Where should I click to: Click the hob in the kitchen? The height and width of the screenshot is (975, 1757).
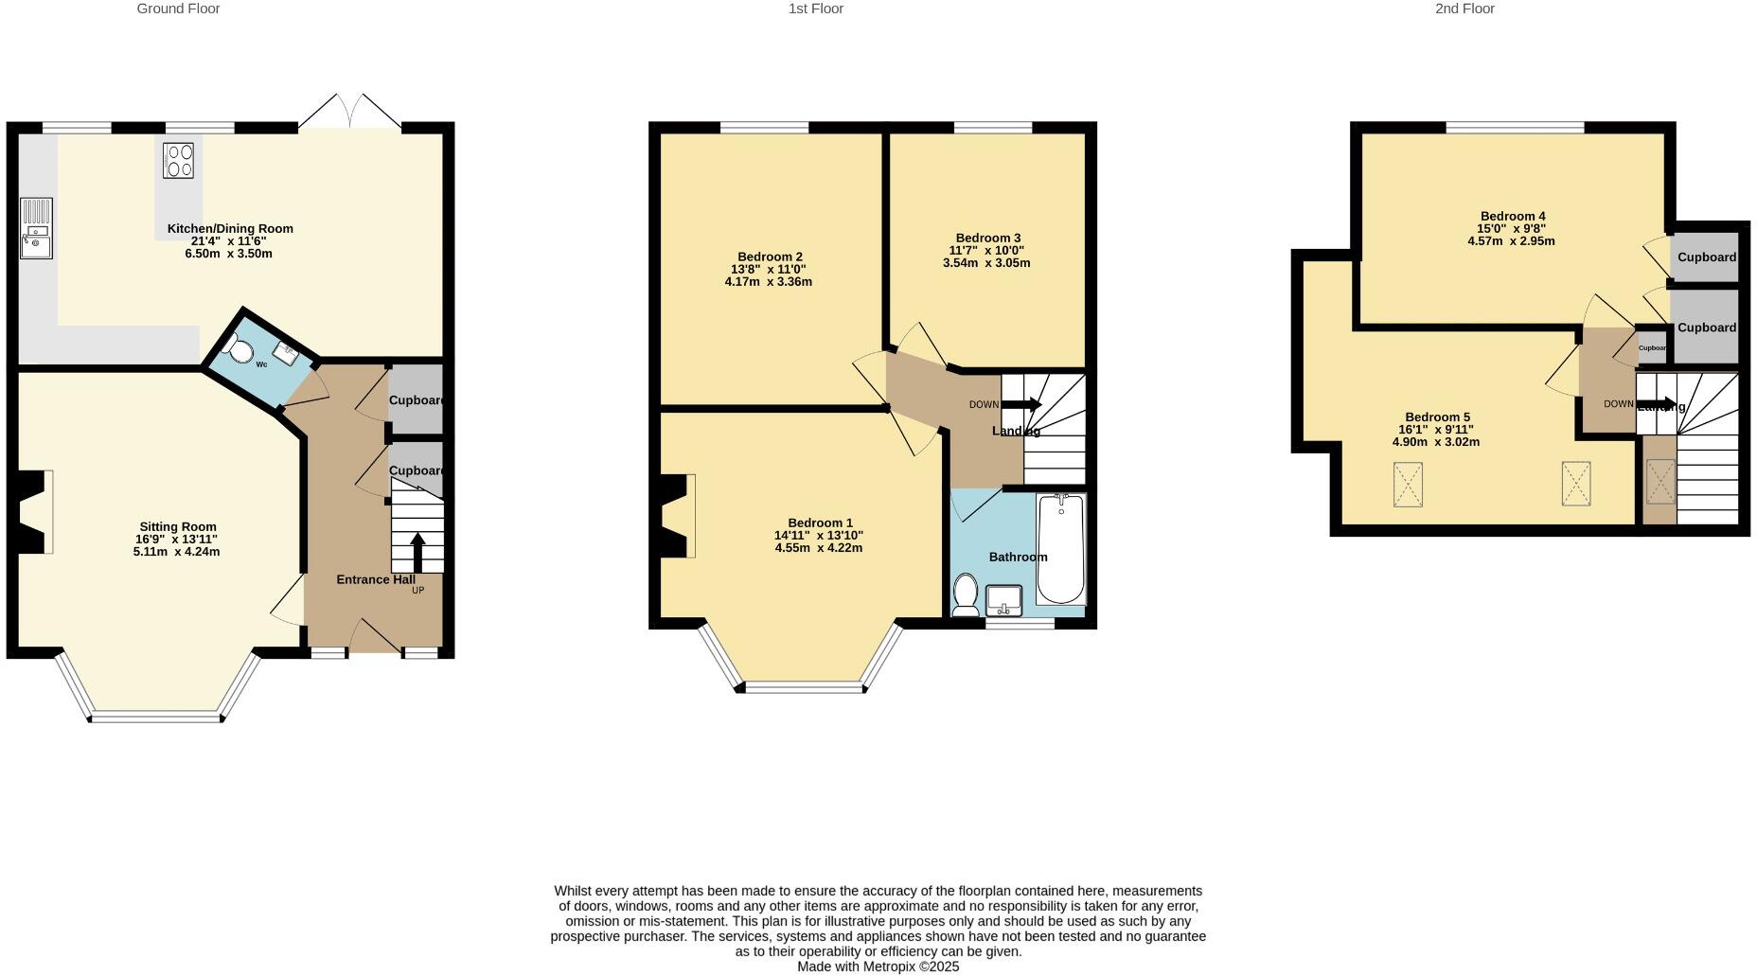(x=178, y=160)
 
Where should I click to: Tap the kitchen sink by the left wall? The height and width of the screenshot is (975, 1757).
(x=37, y=228)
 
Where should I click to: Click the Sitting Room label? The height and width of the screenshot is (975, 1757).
(x=178, y=527)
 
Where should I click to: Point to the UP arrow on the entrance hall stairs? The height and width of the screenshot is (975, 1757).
(x=417, y=552)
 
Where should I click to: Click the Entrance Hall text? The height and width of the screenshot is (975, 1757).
(x=375, y=579)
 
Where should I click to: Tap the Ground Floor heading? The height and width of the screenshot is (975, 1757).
(x=178, y=9)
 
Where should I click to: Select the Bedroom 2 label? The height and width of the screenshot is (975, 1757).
(x=770, y=257)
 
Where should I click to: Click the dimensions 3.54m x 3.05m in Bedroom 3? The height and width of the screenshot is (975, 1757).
(x=985, y=262)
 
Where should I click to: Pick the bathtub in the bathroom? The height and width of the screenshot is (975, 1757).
(x=1060, y=549)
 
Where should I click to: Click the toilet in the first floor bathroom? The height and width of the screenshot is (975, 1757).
(x=966, y=594)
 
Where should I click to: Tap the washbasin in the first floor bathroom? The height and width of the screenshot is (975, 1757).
(x=1003, y=600)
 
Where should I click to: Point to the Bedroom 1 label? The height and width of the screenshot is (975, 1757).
(x=820, y=523)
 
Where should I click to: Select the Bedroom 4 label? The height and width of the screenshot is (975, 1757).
(x=1512, y=216)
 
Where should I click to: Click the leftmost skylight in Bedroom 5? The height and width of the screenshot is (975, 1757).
(x=1408, y=484)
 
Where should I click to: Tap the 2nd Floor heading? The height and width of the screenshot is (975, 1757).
(x=1464, y=9)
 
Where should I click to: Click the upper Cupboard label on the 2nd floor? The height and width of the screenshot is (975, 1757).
(x=1707, y=257)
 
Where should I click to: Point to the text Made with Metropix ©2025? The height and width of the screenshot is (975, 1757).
(x=878, y=966)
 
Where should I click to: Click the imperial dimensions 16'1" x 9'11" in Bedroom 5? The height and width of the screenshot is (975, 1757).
(x=1436, y=430)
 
